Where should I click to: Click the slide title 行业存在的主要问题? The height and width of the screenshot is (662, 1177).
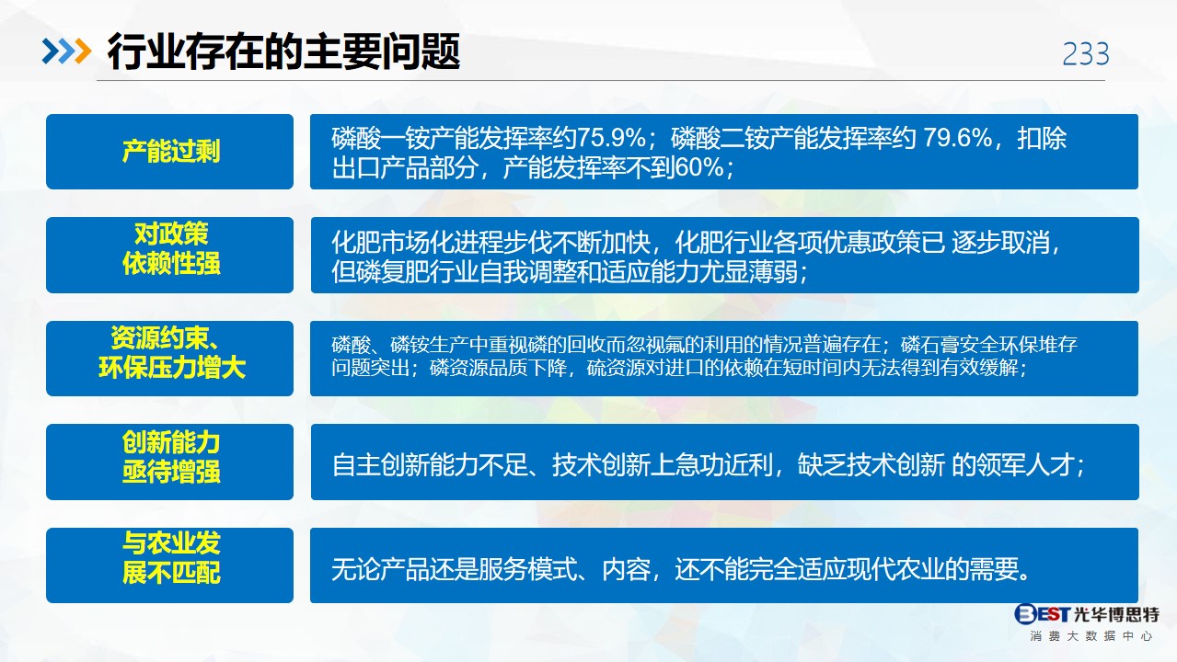pos(283,51)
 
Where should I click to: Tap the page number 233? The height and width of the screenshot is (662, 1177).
pos(1086,54)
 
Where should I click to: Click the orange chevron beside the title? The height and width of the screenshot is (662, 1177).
pos(83,51)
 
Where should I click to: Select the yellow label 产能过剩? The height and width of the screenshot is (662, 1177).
pos(171,151)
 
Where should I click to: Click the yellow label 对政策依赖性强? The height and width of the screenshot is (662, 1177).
pos(171,248)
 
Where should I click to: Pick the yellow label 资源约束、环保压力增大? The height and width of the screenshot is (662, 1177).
pos(172,353)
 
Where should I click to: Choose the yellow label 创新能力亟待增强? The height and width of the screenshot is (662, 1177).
pos(171,457)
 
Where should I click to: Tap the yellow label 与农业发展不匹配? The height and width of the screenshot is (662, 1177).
pos(171,557)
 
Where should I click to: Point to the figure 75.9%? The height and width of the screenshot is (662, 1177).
pos(612,139)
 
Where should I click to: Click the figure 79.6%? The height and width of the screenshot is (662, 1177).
pos(957,139)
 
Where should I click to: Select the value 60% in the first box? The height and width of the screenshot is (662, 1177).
pos(699,167)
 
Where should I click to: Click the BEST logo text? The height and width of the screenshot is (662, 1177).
pos(1042,613)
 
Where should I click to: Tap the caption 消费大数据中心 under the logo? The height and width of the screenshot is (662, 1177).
pos(1091,636)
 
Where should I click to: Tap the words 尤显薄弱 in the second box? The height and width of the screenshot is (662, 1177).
pos(748,272)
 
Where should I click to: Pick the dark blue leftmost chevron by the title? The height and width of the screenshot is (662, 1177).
pos(51,51)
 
